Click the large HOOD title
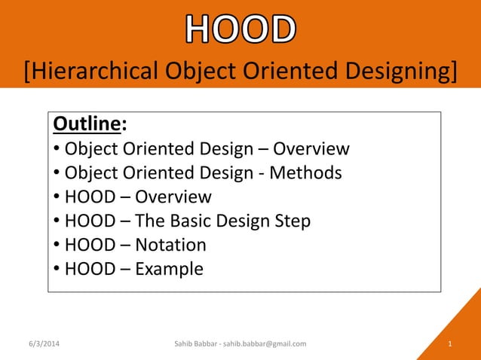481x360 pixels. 240,29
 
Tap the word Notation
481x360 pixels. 170,245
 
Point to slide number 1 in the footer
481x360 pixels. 449,344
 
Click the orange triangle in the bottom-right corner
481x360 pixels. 460,331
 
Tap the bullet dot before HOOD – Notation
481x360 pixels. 57,246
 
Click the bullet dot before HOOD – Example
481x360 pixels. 57,270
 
